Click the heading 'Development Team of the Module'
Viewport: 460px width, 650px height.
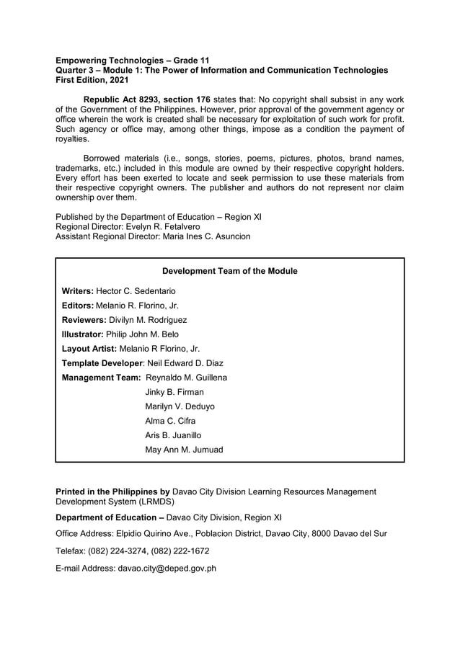point(229,271)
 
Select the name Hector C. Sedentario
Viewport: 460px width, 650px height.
point(136,291)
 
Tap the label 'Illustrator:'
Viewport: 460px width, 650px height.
point(83,334)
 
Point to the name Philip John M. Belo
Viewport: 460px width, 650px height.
point(142,334)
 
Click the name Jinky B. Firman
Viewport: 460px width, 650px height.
point(174,392)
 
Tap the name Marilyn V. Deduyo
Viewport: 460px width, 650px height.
point(180,406)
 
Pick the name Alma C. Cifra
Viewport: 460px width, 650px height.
point(170,421)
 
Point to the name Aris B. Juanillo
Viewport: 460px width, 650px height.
point(173,435)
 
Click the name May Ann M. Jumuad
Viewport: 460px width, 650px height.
point(184,450)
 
